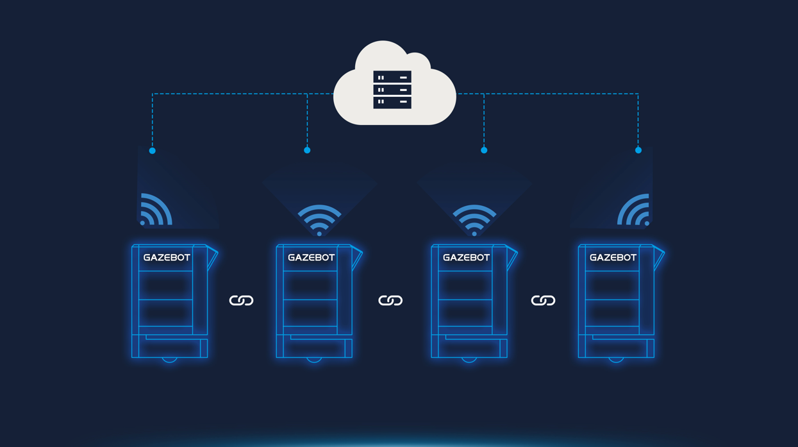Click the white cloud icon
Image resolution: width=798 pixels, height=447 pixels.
(394, 85)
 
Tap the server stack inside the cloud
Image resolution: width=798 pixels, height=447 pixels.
(392, 90)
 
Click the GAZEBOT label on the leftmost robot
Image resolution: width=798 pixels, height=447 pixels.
(167, 258)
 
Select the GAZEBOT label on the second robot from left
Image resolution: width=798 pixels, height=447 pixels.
(311, 258)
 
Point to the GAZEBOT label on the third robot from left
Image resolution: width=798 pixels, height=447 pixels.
(466, 258)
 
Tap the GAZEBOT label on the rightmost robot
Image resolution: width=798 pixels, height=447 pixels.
(613, 258)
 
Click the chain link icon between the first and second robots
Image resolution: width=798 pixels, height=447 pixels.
(241, 301)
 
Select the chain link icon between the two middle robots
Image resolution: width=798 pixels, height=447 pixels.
(390, 301)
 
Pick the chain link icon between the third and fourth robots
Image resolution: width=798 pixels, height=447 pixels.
(544, 301)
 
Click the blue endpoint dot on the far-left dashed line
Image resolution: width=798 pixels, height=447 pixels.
(152, 151)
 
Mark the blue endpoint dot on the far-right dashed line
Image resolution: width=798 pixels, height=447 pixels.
(638, 151)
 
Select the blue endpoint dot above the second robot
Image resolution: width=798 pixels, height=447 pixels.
(307, 151)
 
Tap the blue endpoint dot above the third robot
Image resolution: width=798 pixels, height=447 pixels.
(484, 151)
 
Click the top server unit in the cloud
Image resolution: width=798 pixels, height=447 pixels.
(392, 77)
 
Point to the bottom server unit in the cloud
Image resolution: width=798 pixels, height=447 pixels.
(392, 103)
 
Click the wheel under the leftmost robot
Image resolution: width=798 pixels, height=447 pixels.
(170, 360)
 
